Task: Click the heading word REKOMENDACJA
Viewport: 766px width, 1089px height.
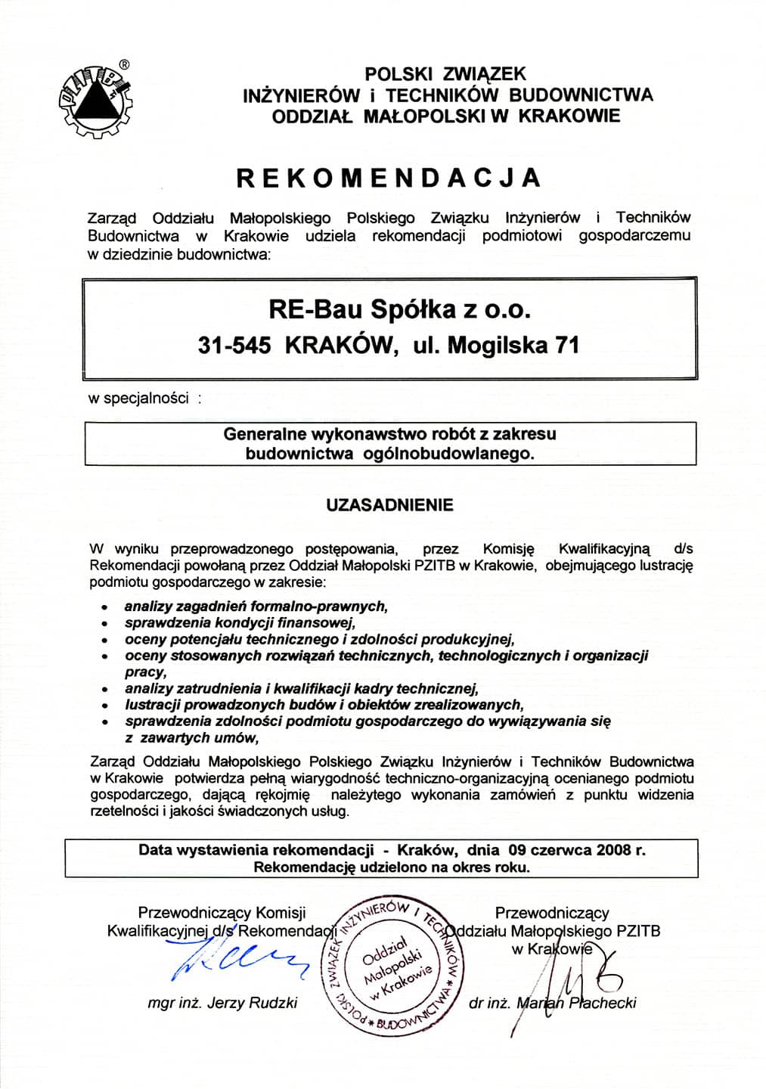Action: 389,177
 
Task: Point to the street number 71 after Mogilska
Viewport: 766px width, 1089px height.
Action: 567,345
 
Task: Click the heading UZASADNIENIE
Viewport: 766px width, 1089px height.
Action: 389,505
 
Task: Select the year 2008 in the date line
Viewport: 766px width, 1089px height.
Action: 614,849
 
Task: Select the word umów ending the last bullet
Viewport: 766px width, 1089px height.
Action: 242,738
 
